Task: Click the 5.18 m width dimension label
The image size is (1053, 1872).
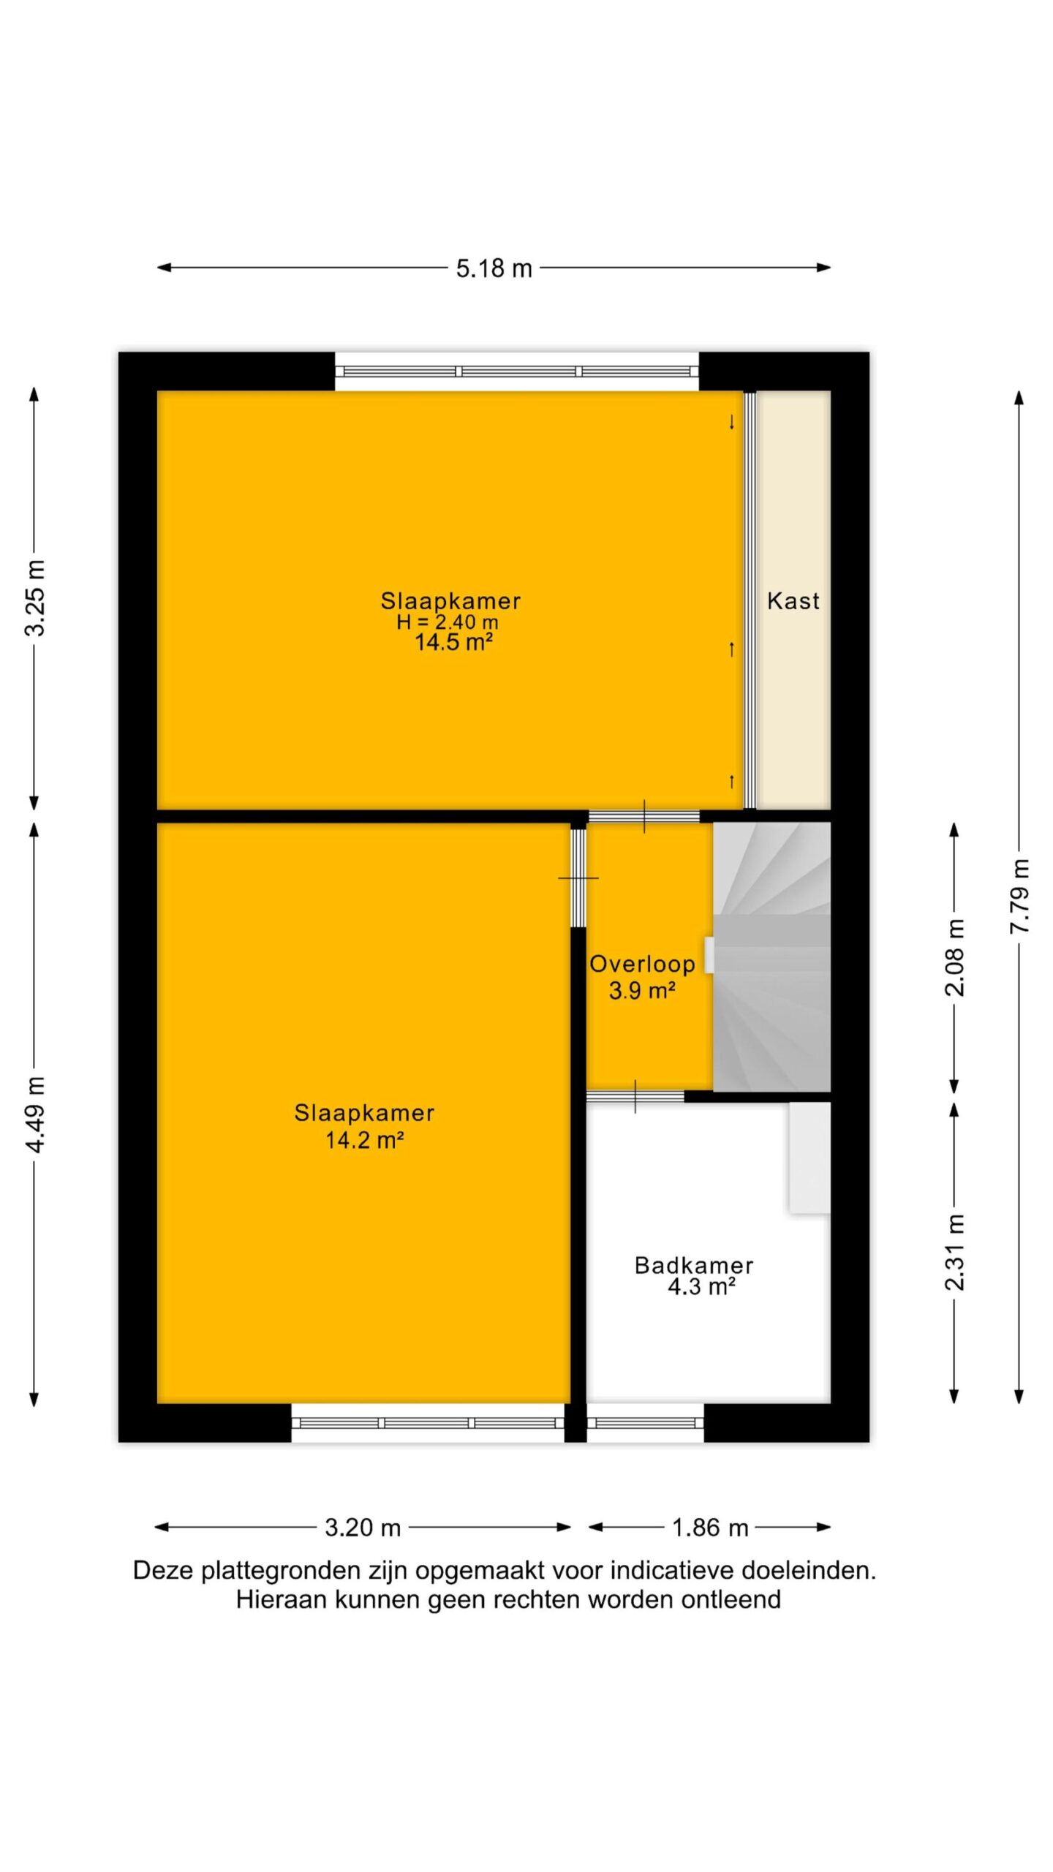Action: point(494,268)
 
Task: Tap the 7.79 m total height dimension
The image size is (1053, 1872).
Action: point(1019,896)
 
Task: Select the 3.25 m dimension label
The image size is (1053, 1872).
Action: point(34,598)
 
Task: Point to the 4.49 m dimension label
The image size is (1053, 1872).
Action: point(34,1114)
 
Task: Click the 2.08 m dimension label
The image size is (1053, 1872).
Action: point(955,958)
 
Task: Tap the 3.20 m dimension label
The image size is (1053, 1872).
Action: point(363,1528)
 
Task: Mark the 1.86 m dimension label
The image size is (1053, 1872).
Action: point(710,1528)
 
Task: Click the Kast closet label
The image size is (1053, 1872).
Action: point(793,601)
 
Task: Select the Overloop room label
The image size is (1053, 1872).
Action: point(643,964)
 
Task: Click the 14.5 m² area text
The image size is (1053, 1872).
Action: point(453,642)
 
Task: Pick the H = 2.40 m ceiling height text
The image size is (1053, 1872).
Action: point(448,622)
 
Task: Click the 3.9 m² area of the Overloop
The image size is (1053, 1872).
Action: point(642,991)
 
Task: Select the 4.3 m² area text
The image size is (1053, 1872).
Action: point(701,1287)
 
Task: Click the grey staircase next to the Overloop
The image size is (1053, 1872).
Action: point(771,956)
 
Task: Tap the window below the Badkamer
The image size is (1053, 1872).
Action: point(645,1422)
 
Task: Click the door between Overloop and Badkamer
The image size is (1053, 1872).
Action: point(635,1096)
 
